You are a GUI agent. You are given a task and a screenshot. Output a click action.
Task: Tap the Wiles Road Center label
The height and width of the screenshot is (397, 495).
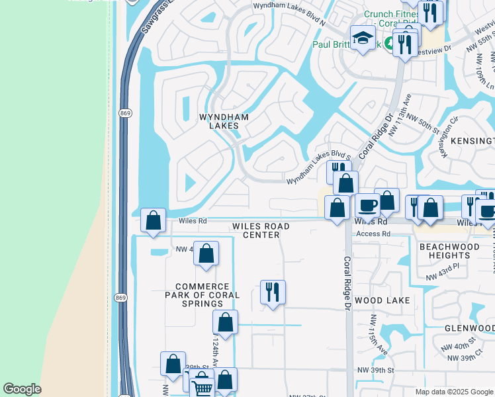tap(261, 230)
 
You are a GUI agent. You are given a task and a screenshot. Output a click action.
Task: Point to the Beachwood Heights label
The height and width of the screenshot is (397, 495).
tap(445, 250)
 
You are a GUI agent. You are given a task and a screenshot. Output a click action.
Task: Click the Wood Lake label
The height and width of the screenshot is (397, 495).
tap(382, 300)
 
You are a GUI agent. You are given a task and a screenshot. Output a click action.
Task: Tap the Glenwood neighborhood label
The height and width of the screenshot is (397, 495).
tap(469, 328)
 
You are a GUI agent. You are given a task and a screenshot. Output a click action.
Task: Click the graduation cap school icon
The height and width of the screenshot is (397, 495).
tap(363, 39)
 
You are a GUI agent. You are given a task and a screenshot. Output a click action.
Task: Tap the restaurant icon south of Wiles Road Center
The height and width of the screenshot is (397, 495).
tap(273, 291)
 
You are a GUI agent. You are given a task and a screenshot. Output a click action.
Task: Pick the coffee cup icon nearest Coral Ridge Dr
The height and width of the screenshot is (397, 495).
tap(367, 205)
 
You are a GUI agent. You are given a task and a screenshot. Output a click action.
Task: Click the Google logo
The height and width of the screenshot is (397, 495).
tap(22, 389)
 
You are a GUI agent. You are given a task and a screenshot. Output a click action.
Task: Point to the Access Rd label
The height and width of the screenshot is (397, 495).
tap(373, 234)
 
